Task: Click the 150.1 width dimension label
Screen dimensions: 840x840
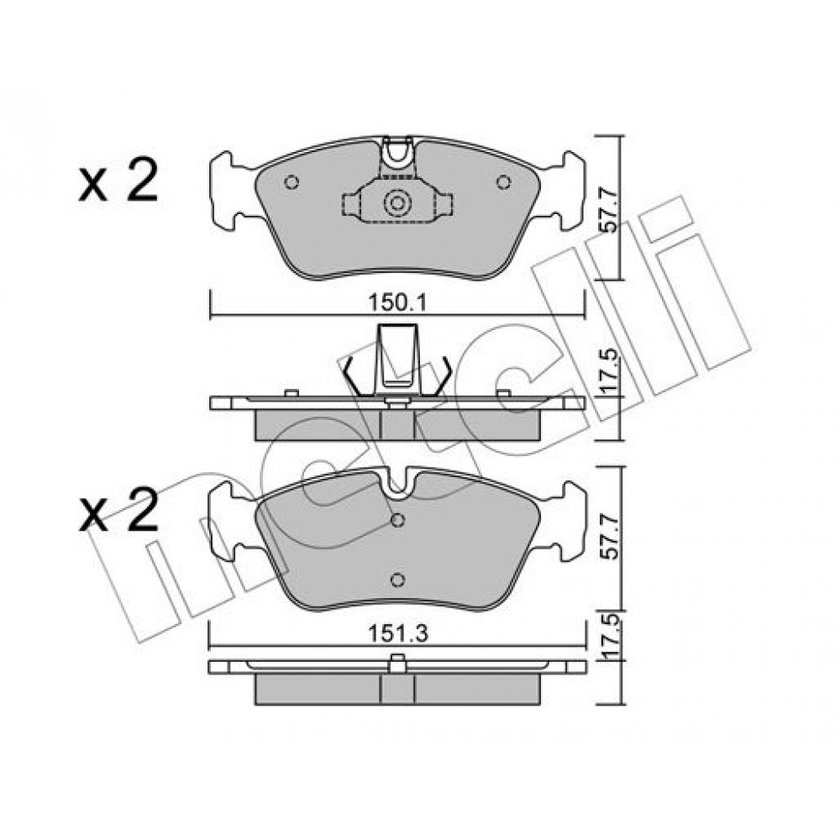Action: tap(397, 304)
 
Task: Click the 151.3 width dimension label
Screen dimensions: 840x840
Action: tap(397, 634)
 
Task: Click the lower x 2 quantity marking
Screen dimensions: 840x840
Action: tap(118, 511)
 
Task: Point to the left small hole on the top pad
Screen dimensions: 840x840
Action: tap(291, 182)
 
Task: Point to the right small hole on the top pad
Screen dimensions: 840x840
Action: tap(503, 182)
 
